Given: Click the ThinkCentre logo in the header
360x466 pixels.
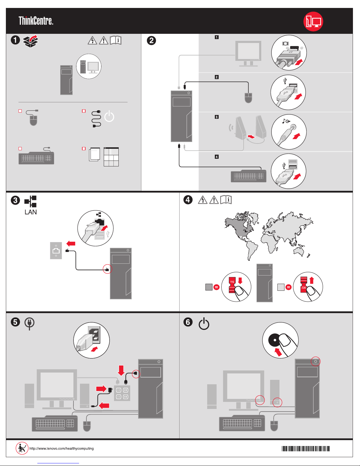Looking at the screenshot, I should click(x=36, y=21).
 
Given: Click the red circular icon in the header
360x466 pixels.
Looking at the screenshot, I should click(x=313, y=21).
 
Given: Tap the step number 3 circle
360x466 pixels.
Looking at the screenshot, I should click(x=15, y=201).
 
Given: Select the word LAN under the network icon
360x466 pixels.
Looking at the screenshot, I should click(x=31, y=212).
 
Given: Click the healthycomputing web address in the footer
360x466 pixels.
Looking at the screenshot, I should click(x=61, y=448).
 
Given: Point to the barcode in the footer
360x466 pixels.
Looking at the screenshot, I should click(x=306, y=449).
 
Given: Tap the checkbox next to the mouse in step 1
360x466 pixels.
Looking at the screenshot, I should click(x=20, y=111).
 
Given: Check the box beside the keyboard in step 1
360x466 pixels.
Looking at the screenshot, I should click(x=20, y=148).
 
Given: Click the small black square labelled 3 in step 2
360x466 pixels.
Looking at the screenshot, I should click(x=217, y=117).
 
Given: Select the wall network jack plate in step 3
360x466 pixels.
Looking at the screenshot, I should click(x=56, y=250).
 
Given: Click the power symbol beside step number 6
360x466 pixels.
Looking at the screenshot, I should click(x=204, y=324).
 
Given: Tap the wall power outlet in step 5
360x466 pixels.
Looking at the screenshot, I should click(x=122, y=393).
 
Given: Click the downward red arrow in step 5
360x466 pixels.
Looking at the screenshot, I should click(x=121, y=370).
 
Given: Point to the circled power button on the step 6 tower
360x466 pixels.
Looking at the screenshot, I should click(x=316, y=361).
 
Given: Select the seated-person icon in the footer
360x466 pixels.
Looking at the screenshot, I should click(x=22, y=448).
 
